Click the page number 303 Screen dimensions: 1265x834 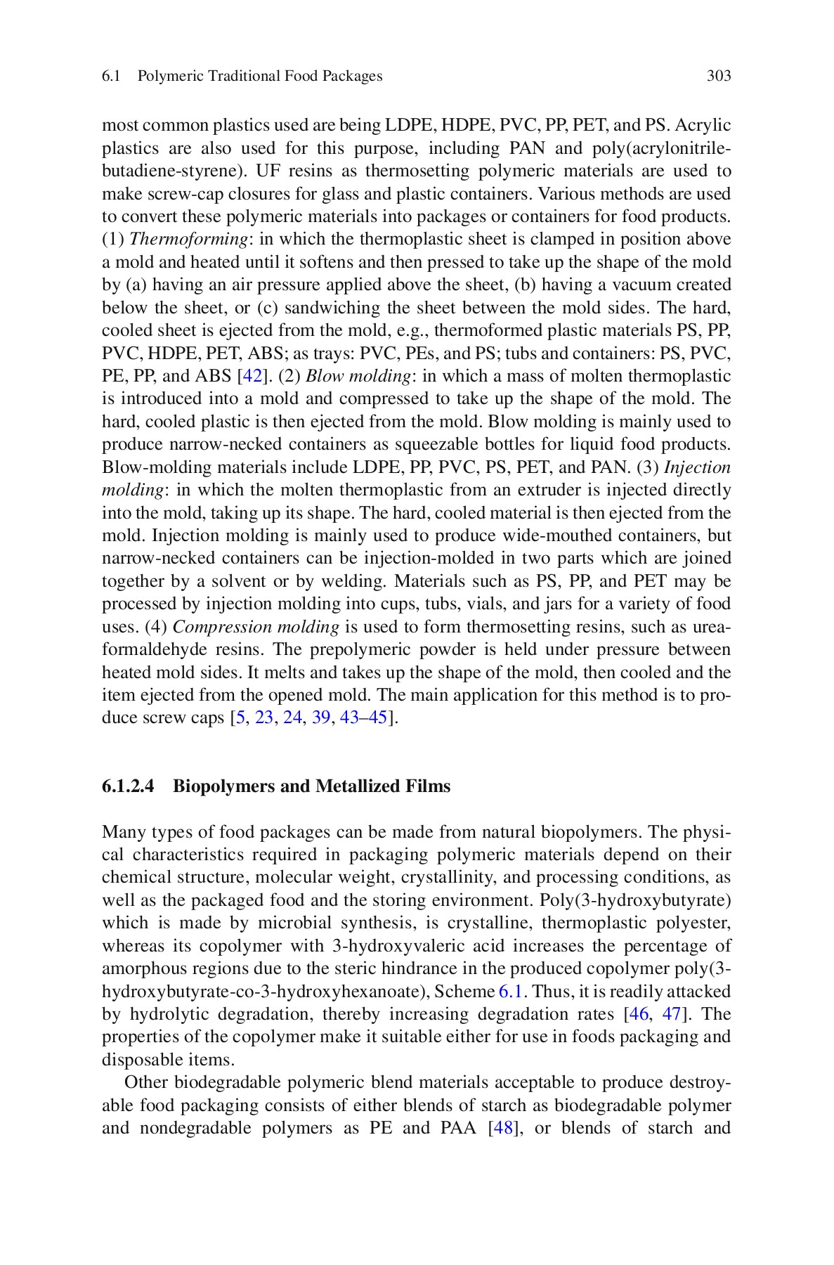coord(718,76)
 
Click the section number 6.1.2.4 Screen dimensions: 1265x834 coord(128,786)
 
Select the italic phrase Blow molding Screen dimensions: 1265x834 coord(358,377)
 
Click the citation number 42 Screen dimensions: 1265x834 coord(252,377)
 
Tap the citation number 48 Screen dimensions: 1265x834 coord(507,1129)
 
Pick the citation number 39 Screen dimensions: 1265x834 coord(320,718)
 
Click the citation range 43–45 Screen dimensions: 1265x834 coord(363,718)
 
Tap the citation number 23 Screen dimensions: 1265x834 coord(264,718)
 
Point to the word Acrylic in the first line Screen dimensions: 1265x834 coord(705,126)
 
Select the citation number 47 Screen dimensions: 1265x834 coord(672,1015)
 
